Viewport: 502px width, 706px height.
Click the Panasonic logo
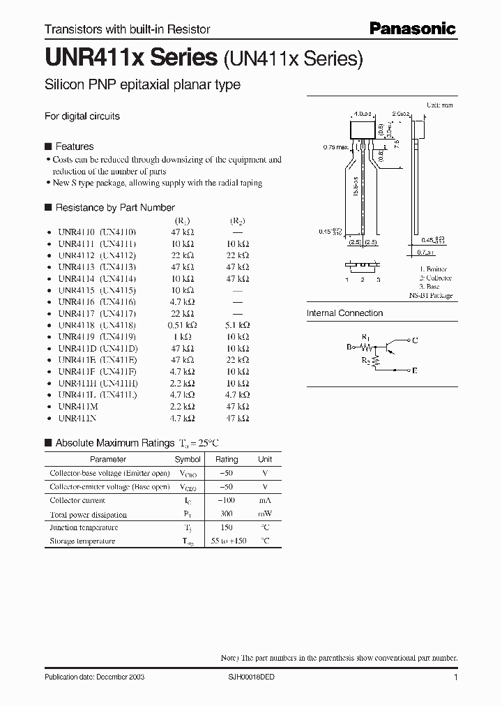coord(412,29)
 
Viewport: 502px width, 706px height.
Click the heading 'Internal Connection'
coord(344,313)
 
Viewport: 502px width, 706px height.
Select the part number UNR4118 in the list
coord(77,325)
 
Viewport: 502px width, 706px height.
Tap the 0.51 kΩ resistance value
coord(183,325)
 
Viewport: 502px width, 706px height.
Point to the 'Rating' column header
coord(227,460)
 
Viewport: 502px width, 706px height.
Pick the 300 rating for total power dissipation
coord(227,514)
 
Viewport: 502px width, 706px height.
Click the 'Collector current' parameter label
coord(77,500)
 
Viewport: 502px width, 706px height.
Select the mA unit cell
coord(265,500)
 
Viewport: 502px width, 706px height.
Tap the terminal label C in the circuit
coord(416,340)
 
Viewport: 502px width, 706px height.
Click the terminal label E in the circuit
coord(416,372)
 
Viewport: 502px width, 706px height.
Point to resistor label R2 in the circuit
coord(366,359)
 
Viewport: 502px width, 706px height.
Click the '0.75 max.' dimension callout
coord(337,147)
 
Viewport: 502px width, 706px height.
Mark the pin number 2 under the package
coord(363,280)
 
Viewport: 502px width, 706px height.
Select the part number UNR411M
coord(77,406)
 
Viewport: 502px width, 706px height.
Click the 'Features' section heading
coord(74,147)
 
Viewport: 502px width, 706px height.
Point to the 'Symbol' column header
coord(188,460)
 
